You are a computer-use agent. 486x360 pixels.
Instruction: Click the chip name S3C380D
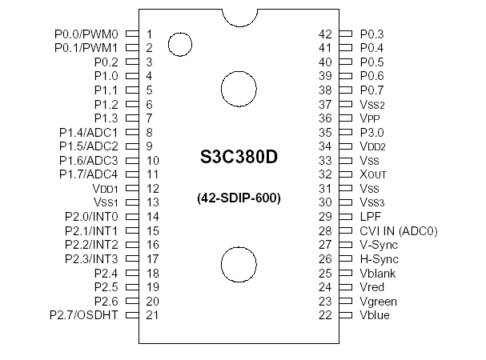click(x=239, y=158)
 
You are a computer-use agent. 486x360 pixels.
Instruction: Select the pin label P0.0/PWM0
click(x=86, y=34)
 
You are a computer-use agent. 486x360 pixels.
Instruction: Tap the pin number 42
click(x=325, y=34)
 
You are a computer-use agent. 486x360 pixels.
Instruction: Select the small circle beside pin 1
click(x=179, y=44)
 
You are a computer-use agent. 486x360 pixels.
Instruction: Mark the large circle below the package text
click(x=239, y=264)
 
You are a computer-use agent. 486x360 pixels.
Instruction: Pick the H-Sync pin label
click(x=379, y=259)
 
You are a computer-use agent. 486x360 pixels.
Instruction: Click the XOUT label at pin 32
click(x=373, y=174)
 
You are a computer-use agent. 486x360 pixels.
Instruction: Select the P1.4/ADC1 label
click(x=89, y=132)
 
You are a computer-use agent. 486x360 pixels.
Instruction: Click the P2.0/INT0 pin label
click(x=91, y=217)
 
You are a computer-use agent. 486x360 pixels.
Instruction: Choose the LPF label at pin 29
click(x=370, y=217)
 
